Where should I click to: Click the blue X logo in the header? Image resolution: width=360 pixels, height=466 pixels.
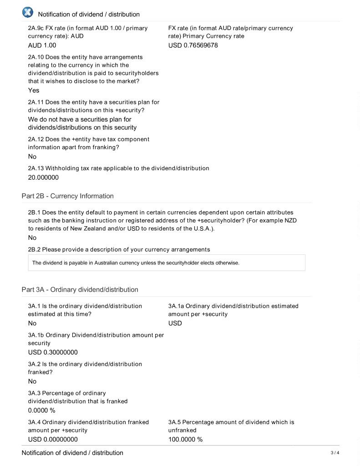pyautogui.click(x=27, y=12)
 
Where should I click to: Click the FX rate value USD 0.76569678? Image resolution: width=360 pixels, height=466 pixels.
pyautogui.click(x=193, y=46)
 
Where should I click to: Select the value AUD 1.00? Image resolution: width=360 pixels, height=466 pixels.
pyautogui.click(x=42, y=46)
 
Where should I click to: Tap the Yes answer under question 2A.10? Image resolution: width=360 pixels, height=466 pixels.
pyautogui.click(x=34, y=90)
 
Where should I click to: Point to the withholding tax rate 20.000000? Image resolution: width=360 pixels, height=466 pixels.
pyautogui.click(x=43, y=177)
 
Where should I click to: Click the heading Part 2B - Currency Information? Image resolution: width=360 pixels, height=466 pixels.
pyautogui.click(x=67, y=196)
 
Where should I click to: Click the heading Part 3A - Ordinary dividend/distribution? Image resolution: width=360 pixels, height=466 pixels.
pyautogui.click(x=80, y=289)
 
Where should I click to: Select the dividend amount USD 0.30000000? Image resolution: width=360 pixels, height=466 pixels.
pyautogui.click(x=53, y=352)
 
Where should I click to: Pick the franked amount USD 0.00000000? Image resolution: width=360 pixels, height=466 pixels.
pyautogui.click(x=53, y=439)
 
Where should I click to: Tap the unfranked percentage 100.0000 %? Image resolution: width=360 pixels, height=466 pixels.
pyautogui.click(x=185, y=439)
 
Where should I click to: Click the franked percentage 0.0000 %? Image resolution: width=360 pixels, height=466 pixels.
pyautogui.click(x=41, y=410)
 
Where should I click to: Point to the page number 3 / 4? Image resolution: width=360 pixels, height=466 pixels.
pyautogui.click(x=335, y=453)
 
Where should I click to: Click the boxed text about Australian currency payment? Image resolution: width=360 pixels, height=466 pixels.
pyautogui.click(x=136, y=263)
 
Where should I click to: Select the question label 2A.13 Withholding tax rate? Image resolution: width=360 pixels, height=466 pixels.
pyautogui.click(x=118, y=168)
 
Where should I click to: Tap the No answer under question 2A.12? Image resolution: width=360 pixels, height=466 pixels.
pyautogui.click(x=32, y=157)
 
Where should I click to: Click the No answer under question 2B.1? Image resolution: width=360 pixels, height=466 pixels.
pyautogui.click(x=32, y=238)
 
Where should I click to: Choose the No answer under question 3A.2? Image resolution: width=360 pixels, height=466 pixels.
pyautogui.click(x=32, y=381)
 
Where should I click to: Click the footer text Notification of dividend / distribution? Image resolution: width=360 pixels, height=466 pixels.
pyautogui.click(x=72, y=453)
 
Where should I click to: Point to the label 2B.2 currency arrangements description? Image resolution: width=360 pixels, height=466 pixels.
pyautogui.click(x=119, y=249)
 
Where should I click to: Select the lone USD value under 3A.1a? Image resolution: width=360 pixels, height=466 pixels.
pyautogui.click(x=175, y=323)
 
